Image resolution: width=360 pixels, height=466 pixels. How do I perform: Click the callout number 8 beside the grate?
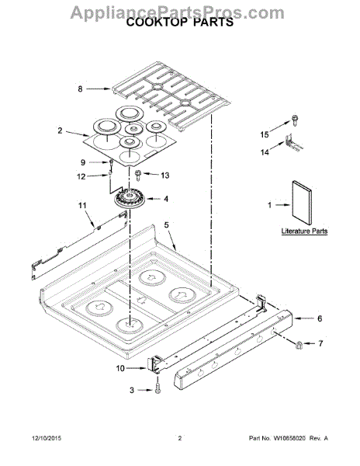coord(80,89)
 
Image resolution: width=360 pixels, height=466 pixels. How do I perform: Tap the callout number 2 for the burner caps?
coord(60,130)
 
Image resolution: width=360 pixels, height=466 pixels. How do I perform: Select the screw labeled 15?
coord(295,120)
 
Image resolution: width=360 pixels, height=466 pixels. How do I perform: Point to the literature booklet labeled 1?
coord(302,203)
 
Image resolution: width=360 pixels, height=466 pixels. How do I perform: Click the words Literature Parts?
coord(304,231)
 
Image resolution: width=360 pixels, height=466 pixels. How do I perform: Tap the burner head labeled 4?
coord(130,200)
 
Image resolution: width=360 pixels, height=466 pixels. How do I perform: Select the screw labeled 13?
coord(138,175)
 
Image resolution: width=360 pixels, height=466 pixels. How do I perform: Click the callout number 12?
coord(81,176)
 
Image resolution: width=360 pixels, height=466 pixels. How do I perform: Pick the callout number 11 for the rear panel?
coord(82,205)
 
